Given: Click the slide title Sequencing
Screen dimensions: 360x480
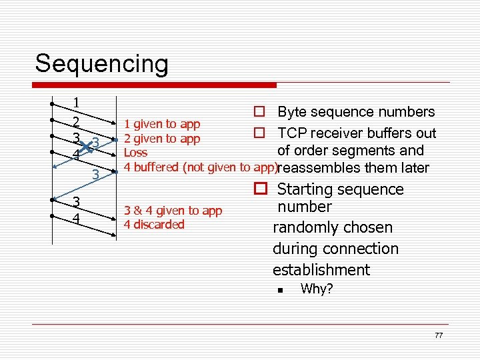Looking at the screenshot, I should (x=101, y=64).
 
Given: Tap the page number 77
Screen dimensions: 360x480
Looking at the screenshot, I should (x=438, y=335).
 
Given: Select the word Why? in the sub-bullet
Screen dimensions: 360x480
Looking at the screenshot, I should (x=317, y=289).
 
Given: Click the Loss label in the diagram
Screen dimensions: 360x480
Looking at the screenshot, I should (x=135, y=153).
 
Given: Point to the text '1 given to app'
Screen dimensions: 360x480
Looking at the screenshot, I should (x=161, y=124).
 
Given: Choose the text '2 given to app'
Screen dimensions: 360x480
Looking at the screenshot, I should (x=161, y=139).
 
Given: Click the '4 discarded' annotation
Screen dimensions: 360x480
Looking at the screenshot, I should (x=153, y=225).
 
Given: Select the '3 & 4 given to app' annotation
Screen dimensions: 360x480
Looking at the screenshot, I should (x=173, y=211).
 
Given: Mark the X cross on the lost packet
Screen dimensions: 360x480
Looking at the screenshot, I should (x=85, y=145).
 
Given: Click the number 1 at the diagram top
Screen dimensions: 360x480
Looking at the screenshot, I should (x=77, y=103).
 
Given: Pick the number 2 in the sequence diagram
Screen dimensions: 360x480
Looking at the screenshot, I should (x=77, y=122).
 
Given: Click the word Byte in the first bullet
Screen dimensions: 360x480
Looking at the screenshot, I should (x=292, y=112).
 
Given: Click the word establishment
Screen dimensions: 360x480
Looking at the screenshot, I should (x=321, y=270).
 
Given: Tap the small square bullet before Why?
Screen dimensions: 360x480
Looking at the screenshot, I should (x=282, y=290).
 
